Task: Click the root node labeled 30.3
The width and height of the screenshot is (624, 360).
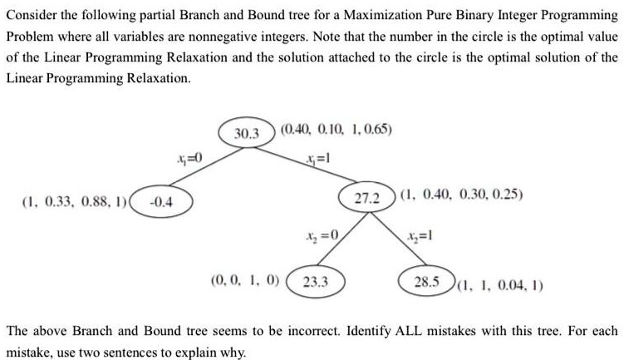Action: [x=247, y=133]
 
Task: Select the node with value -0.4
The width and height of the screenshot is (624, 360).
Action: [x=161, y=201]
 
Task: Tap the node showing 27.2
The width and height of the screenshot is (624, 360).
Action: [x=367, y=197]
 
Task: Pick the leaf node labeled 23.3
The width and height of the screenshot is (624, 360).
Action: [x=316, y=282]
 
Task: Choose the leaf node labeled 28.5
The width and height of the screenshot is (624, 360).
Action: [x=426, y=281]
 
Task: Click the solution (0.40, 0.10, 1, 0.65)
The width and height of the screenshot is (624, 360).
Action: [x=337, y=130]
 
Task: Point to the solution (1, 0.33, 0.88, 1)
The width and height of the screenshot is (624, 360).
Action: [x=75, y=202]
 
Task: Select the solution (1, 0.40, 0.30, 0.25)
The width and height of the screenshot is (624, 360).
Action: [x=462, y=195]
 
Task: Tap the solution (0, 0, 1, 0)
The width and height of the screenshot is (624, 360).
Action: [x=245, y=280]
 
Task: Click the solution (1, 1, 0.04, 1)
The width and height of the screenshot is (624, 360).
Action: [x=500, y=285]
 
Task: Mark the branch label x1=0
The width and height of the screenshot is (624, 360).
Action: [x=189, y=159]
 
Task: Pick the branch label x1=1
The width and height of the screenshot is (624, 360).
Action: [x=317, y=159]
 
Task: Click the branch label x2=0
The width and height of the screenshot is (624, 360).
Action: [x=322, y=236]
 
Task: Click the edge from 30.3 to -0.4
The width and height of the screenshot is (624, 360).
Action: [x=206, y=166]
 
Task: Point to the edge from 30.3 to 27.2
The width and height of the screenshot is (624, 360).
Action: [x=306, y=165]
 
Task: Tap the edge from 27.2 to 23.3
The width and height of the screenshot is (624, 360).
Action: [x=343, y=239]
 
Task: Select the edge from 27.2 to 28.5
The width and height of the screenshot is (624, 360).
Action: [x=398, y=239]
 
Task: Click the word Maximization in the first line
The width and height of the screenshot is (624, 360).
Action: [x=382, y=15]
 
